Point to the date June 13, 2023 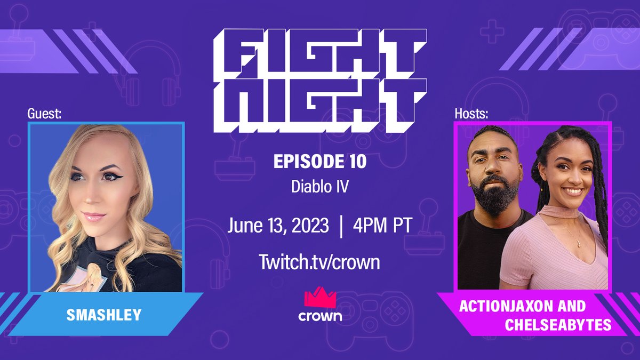pos(277,225)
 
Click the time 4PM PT pos(382,225)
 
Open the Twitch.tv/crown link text pos(319,261)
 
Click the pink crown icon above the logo pos(319,297)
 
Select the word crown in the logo pos(319,315)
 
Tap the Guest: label pos(45,114)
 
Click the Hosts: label pos(471,114)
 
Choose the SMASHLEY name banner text pos(104,315)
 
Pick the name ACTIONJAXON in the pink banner pos(505,307)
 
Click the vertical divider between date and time pos(340,225)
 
